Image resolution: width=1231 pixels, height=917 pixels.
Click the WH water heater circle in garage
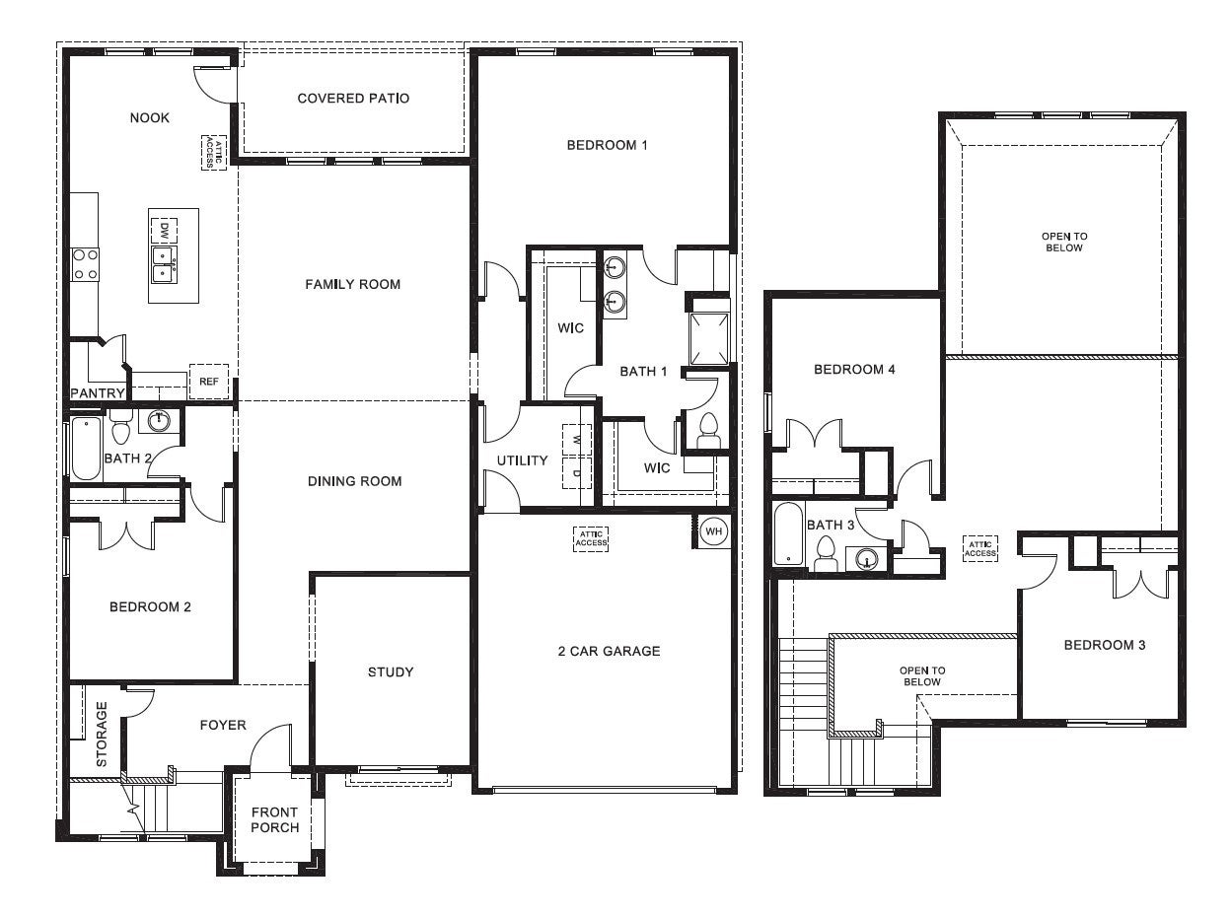point(712,531)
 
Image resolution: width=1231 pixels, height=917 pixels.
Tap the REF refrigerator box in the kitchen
point(208,382)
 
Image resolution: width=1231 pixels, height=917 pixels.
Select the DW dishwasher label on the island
point(163,231)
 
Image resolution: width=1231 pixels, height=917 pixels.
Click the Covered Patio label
point(353,99)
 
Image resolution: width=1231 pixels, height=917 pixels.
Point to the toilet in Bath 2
point(121,430)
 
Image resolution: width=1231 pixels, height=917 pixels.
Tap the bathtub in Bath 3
point(788,534)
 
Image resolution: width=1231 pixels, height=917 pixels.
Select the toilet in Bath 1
point(707,431)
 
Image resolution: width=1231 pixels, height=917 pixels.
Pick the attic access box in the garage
point(591,538)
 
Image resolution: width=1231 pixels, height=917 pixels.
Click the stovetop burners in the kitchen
point(85,263)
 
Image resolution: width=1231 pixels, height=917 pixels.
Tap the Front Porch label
point(274,820)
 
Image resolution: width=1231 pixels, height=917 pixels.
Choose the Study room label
point(391,672)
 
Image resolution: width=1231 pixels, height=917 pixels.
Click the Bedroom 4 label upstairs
point(854,370)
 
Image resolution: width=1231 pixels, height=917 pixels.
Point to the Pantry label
point(98,393)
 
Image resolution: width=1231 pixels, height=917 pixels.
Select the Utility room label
point(522,460)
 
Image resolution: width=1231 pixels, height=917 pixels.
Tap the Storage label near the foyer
point(101,734)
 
